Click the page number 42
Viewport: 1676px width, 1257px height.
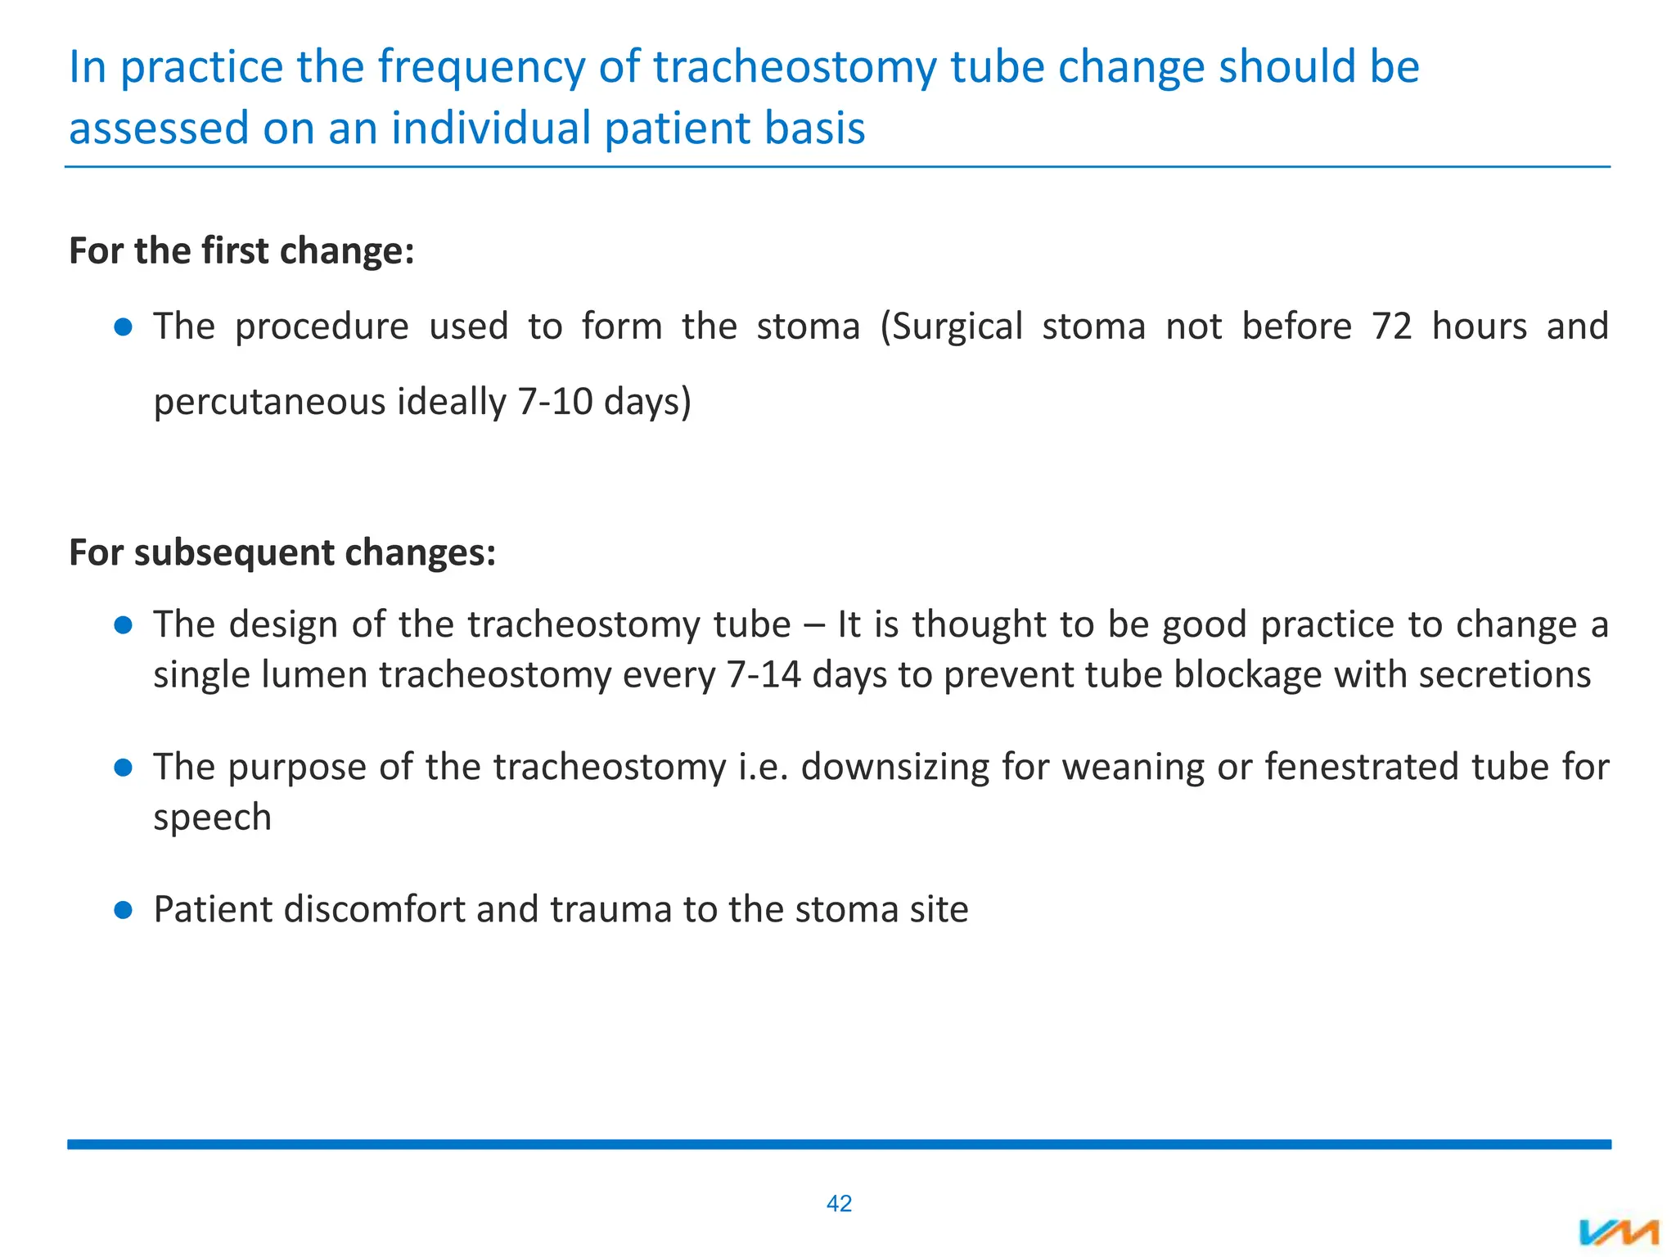(x=839, y=1203)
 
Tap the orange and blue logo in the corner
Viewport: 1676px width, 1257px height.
(x=1619, y=1232)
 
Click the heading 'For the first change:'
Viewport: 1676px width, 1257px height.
(x=241, y=250)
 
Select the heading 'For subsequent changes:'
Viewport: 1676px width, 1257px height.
(x=282, y=552)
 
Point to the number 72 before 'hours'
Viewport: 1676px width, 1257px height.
(x=1392, y=327)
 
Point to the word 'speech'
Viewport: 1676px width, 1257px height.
(x=212, y=818)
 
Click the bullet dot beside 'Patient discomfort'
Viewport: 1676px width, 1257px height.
(x=124, y=910)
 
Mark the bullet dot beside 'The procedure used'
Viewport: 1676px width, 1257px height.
(x=124, y=327)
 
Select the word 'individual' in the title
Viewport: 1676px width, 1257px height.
(x=491, y=128)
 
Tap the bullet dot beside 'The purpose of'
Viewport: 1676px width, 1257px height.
(x=124, y=768)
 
